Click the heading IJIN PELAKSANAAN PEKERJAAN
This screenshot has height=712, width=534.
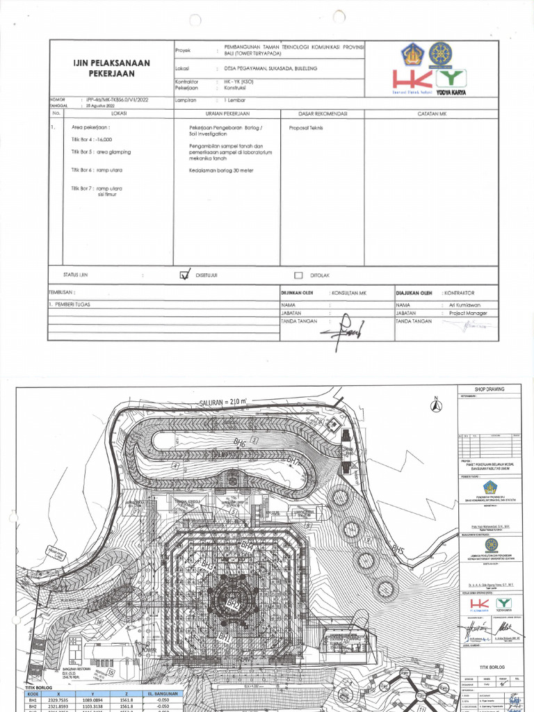tap(111, 68)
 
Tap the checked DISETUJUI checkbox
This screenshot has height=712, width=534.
tap(184, 275)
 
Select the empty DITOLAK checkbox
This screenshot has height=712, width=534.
tap(298, 275)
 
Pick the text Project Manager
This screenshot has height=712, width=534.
tap(468, 313)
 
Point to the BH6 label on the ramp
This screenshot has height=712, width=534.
tap(239, 442)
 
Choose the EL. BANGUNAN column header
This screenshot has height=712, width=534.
tap(161, 693)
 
